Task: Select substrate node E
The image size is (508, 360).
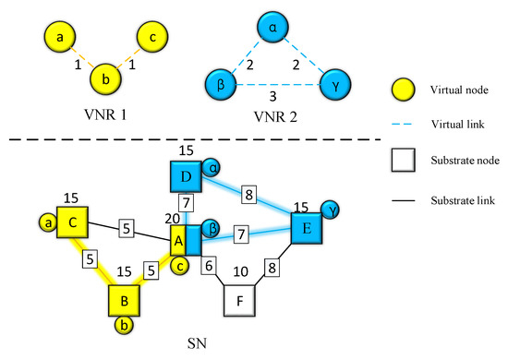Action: tap(308, 229)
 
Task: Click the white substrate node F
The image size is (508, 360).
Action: tap(242, 300)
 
